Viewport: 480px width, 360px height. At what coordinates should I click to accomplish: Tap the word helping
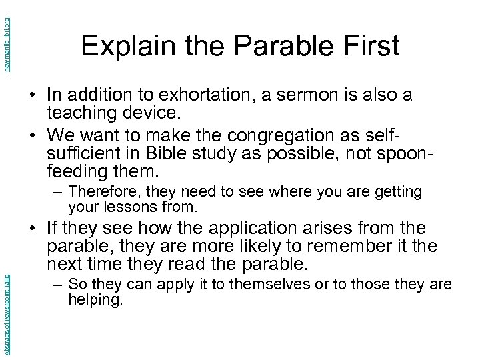95,300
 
